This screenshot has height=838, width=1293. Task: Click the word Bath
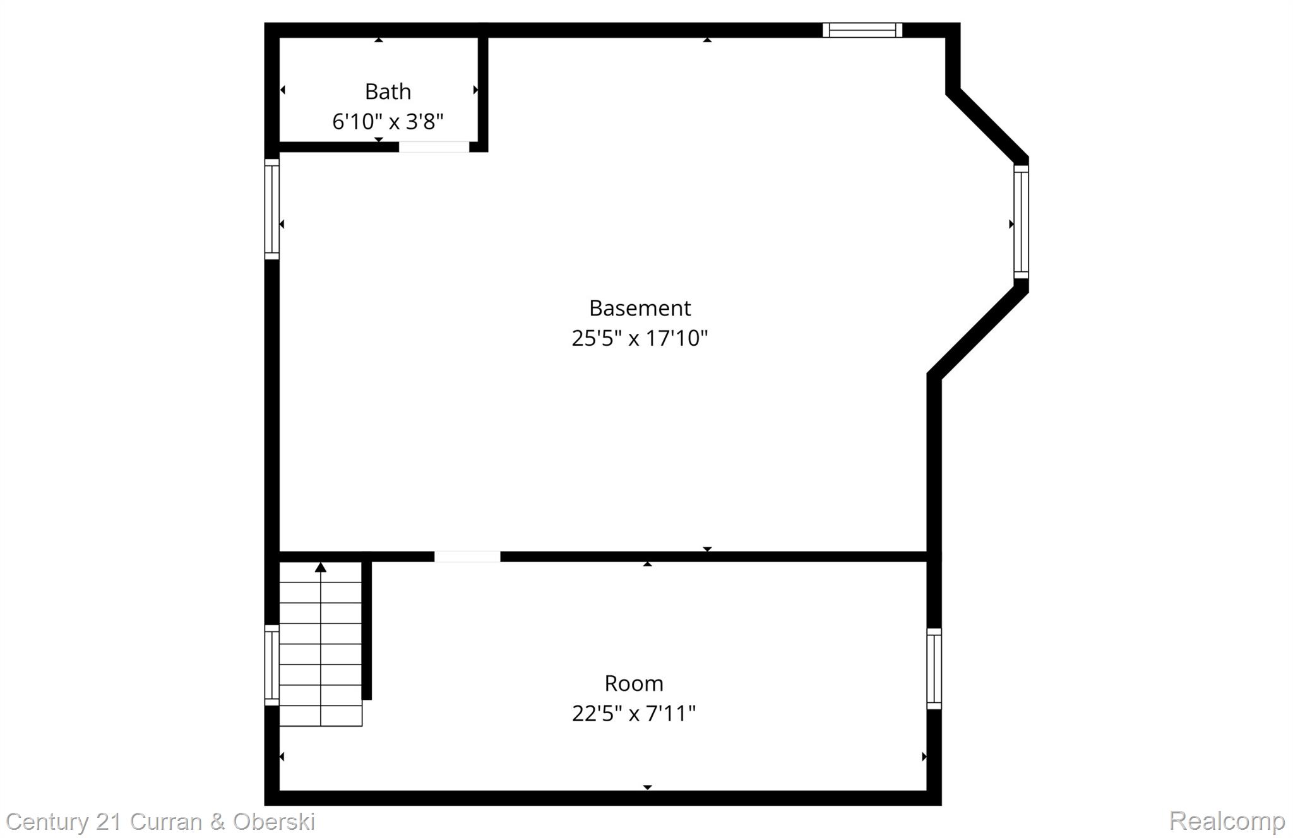(x=388, y=92)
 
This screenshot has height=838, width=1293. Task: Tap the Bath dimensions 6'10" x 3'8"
(x=388, y=121)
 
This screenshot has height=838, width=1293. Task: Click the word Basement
(x=640, y=309)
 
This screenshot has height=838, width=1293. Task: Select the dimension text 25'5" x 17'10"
(x=640, y=338)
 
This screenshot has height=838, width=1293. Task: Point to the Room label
(x=634, y=683)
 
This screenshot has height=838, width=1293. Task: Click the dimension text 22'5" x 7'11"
(x=634, y=714)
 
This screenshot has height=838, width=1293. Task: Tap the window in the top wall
(x=862, y=30)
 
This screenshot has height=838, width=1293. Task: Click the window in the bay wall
(x=1021, y=221)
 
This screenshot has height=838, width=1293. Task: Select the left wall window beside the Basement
(x=271, y=209)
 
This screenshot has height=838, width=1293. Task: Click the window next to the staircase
(x=271, y=665)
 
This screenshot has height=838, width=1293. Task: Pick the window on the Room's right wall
(x=934, y=669)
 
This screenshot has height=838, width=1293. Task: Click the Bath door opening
(x=434, y=147)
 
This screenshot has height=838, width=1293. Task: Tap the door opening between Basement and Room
(x=467, y=557)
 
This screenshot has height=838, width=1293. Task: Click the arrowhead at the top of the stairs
(x=321, y=567)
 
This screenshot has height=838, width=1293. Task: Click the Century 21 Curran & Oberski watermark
(x=160, y=822)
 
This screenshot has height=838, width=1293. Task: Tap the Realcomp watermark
(x=1227, y=821)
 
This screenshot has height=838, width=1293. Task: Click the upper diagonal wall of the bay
(x=987, y=126)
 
